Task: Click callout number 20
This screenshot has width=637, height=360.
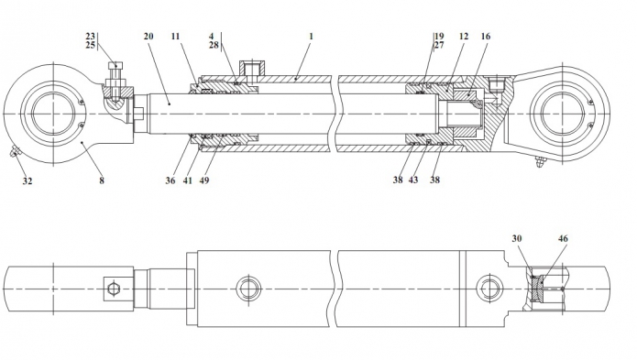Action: (x=148, y=36)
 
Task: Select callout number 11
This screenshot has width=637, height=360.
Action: (x=175, y=36)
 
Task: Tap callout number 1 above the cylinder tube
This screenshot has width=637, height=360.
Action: (x=312, y=36)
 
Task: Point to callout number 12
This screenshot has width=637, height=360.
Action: (x=464, y=36)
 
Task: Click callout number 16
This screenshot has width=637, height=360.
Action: (x=486, y=36)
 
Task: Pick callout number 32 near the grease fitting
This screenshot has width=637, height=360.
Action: (x=27, y=181)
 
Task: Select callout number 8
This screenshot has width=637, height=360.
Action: (x=102, y=180)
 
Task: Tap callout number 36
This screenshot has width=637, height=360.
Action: (x=170, y=180)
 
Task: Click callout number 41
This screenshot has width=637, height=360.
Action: (x=187, y=180)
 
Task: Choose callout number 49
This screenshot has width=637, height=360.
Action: (x=204, y=180)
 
